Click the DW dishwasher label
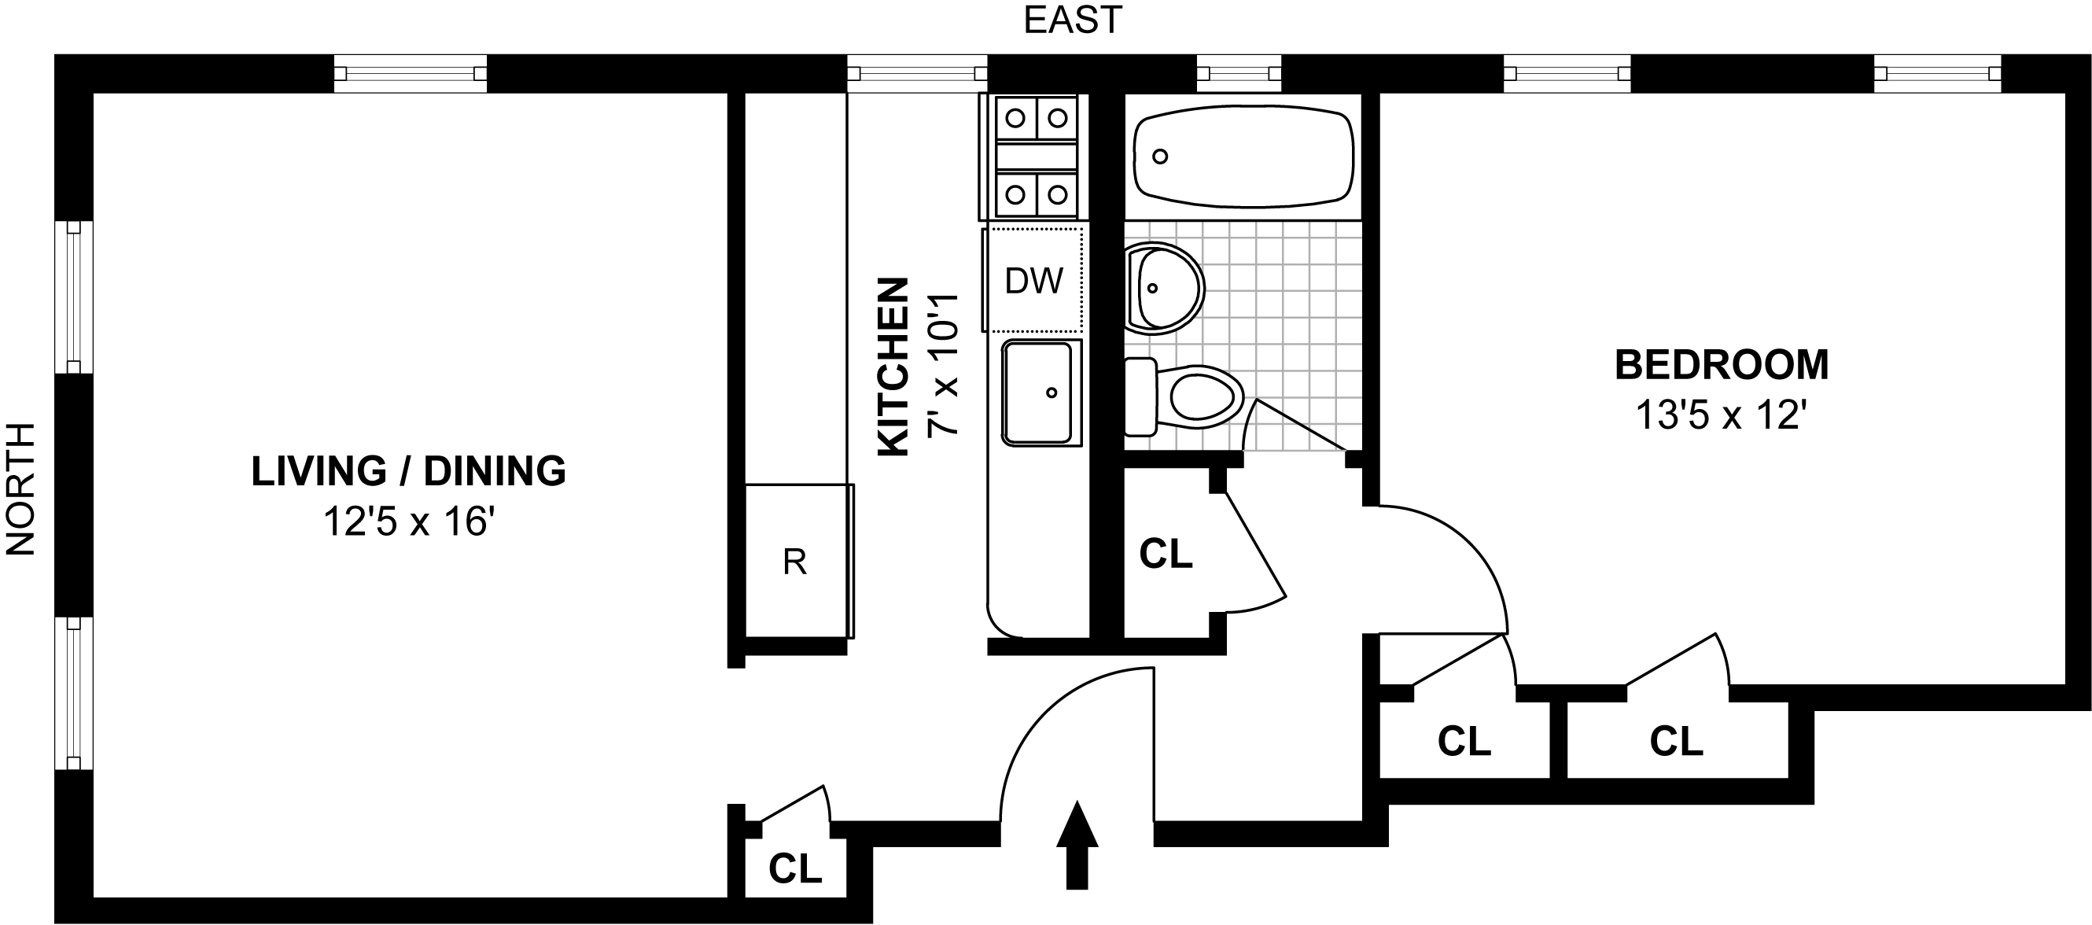click(x=1034, y=281)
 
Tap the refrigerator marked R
click(x=799, y=560)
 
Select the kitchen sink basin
click(x=1041, y=393)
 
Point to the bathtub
click(x=1243, y=157)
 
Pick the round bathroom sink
click(x=1165, y=289)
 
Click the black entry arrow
click(x=1077, y=846)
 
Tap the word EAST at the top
click(x=1073, y=20)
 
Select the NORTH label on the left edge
click(x=21, y=489)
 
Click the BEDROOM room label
click(x=1721, y=365)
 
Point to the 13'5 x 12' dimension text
click(x=1721, y=416)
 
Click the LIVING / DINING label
click(x=408, y=471)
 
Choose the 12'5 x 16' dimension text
click(x=409, y=521)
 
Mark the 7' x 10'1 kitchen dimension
click(x=943, y=366)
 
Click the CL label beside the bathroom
click(x=1166, y=554)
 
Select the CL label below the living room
click(x=795, y=869)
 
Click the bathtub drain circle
click(x=1161, y=156)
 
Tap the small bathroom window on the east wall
click(x=1239, y=74)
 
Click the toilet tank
click(x=1141, y=397)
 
